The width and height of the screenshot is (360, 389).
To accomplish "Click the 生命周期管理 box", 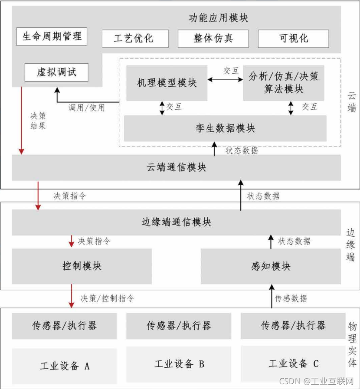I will pyautogui.click(x=52, y=36).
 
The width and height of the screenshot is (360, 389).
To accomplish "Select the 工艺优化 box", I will pyautogui.click(x=134, y=38).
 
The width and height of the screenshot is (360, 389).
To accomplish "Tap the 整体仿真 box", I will pyautogui.click(x=213, y=38).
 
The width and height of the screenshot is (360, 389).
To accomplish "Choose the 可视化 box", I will pyautogui.click(x=293, y=38).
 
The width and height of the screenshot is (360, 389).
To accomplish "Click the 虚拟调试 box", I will pyautogui.click(x=56, y=72).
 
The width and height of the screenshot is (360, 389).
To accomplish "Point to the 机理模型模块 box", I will pyautogui.click(x=167, y=83).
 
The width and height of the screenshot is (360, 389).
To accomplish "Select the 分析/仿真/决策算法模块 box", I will pyautogui.click(x=283, y=83).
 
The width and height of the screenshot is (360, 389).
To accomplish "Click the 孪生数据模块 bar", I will pyautogui.click(x=225, y=128).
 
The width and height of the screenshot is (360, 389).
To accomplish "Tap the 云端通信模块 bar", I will pyautogui.click(x=176, y=167).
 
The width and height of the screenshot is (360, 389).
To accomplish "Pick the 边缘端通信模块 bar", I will pyautogui.click(x=176, y=222).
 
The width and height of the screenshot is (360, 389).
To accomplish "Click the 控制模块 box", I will pyautogui.click(x=82, y=266).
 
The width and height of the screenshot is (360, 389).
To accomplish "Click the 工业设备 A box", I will pyautogui.click(x=64, y=366).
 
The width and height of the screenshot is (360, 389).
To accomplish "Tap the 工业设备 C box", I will pyautogui.click(x=294, y=363).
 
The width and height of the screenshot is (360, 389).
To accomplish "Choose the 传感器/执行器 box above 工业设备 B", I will pyautogui.click(x=179, y=326).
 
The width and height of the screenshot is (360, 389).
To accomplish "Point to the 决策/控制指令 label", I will pyautogui.click(x=107, y=298).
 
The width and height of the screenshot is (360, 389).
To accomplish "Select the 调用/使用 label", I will pyautogui.click(x=87, y=107).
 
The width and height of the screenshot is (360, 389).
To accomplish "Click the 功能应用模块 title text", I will pyautogui.click(x=219, y=18).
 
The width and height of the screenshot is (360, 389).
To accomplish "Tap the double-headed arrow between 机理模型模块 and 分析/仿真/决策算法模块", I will pyautogui.click(x=225, y=79).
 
